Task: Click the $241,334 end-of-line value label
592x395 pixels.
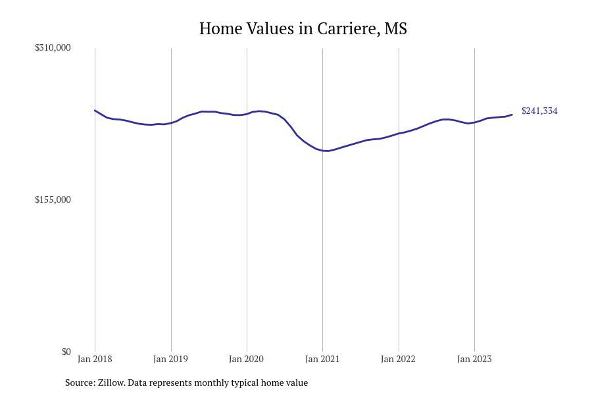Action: click(539, 111)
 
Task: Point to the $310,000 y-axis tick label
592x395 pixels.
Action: click(53, 47)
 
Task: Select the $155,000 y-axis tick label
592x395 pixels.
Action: click(53, 199)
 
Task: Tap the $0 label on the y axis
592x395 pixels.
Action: click(66, 352)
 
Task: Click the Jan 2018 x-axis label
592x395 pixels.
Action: click(95, 359)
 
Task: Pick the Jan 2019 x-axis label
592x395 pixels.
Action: click(170, 359)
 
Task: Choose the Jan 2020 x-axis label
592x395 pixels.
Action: click(247, 359)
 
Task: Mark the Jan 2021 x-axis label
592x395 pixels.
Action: click(322, 359)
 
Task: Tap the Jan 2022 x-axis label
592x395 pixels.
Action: click(399, 359)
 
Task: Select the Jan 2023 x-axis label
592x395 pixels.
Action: click(474, 359)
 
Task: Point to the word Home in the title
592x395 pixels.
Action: click(220, 29)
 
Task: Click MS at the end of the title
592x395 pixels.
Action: click(396, 29)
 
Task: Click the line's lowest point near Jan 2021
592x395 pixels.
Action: click(327, 151)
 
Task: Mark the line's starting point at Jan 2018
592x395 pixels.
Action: click(95, 111)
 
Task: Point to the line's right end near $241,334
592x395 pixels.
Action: click(512, 115)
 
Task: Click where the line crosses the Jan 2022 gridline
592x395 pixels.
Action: click(399, 134)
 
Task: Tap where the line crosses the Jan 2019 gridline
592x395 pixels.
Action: click(172, 122)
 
